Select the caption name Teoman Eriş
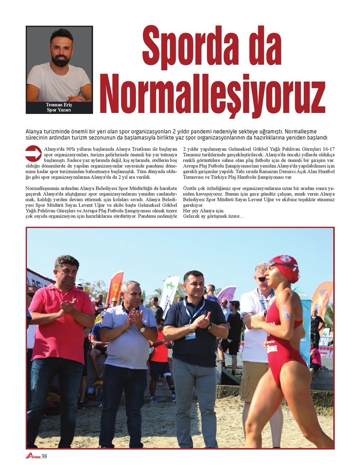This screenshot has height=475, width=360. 58,105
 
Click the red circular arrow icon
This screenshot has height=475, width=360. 33,153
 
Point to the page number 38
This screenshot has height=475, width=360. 44,457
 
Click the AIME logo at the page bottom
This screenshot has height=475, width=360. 32,457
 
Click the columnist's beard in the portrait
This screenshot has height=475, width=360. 60,60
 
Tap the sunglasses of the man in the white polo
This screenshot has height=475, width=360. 261,279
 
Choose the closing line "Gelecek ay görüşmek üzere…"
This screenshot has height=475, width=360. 214,216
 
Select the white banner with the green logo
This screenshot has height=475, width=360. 169,292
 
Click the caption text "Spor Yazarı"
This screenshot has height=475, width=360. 59,110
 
